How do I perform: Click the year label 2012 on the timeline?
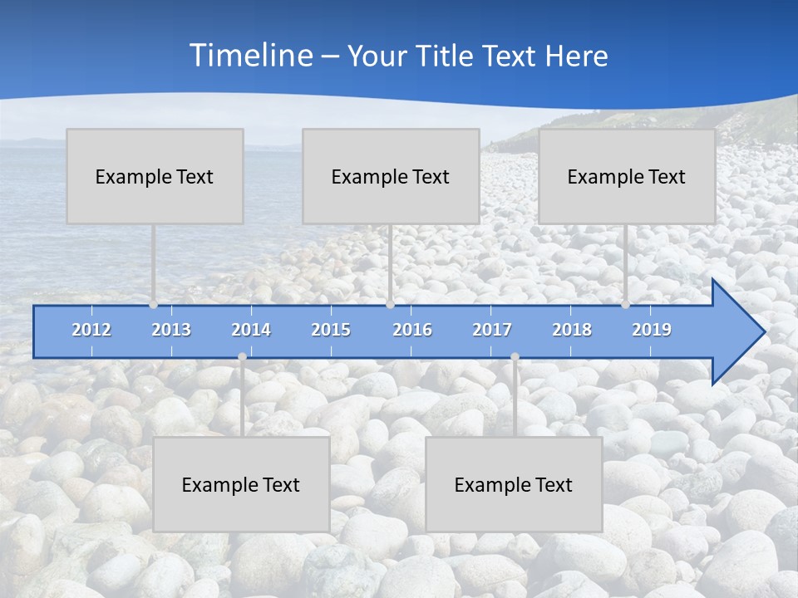[91, 330]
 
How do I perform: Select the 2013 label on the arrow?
[171, 330]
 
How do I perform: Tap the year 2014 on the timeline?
[251, 330]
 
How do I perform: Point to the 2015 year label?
[331, 330]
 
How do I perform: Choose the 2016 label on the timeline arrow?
[412, 330]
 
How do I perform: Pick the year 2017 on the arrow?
[492, 330]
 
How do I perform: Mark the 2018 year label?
[572, 330]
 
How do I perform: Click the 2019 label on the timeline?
[652, 330]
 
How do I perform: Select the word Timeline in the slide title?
[250, 56]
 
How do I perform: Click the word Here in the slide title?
[577, 56]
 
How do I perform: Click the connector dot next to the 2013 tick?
[153, 305]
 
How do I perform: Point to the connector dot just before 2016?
[390, 305]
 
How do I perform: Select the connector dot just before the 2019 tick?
[625, 305]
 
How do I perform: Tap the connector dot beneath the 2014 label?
[242, 356]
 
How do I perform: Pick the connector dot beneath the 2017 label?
[515, 356]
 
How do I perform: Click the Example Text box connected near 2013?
[155, 176]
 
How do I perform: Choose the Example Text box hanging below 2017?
[514, 484]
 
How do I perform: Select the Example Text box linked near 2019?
[627, 176]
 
